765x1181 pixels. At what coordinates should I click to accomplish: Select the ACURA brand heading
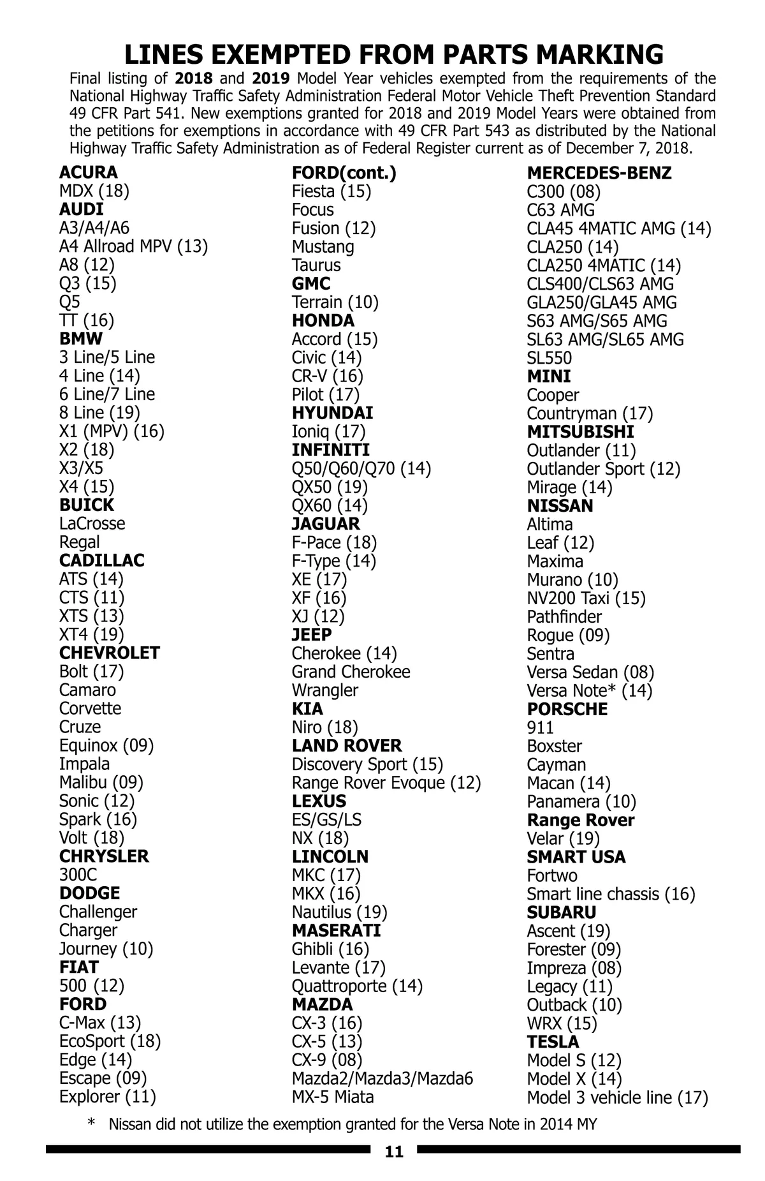point(89,172)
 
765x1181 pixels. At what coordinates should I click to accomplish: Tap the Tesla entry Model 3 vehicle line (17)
point(617,1097)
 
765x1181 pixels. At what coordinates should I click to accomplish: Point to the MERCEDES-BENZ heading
point(599,173)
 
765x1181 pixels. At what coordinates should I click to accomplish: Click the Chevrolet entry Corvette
point(90,708)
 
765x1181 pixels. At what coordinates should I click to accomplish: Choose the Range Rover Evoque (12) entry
point(386,782)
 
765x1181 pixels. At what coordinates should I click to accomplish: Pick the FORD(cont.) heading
point(344,173)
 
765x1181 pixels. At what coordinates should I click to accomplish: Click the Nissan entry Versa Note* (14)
point(590,690)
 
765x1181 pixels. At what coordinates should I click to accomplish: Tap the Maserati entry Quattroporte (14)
point(357,986)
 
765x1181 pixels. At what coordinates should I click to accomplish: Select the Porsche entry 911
point(540,727)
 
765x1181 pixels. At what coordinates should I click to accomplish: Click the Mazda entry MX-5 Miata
point(333,1097)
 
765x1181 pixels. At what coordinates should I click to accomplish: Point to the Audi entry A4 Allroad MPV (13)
point(134,246)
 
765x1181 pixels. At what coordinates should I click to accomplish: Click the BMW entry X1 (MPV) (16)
point(112,431)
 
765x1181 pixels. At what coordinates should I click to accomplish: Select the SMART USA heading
point(576,857)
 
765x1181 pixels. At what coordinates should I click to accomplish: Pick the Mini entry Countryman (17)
point(590,413)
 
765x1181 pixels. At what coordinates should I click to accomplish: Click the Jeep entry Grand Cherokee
point(351,672)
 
